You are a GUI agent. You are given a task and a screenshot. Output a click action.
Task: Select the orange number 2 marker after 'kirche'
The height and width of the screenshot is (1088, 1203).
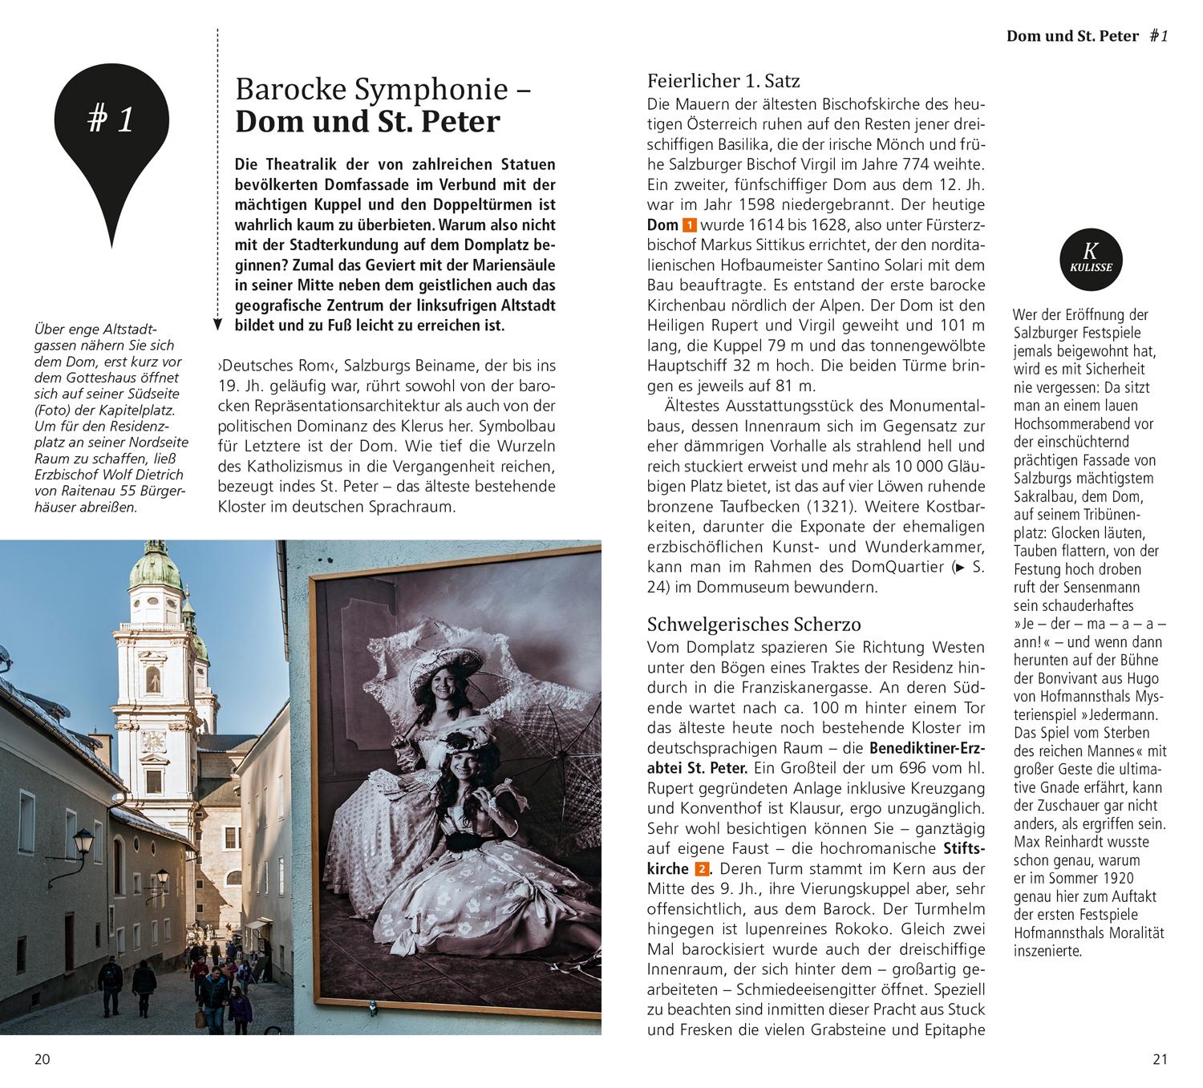(x=702, y=869)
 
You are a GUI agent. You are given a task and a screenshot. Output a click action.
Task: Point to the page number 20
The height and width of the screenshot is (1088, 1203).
(x=42, y=1059)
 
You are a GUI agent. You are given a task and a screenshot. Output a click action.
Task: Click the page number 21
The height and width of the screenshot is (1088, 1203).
(x=1160, y=1059)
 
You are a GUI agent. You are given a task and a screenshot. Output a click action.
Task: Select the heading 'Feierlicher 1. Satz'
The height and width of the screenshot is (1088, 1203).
(x=723, y=81)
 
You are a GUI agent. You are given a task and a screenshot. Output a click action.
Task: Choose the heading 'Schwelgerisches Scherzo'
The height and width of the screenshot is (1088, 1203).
(x=754, y=625)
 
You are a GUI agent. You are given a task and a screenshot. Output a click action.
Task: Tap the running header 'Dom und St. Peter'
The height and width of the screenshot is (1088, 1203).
(x=1072, y=36)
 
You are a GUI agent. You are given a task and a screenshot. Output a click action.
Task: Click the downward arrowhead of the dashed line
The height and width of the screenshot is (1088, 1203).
(x=217, y=325)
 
